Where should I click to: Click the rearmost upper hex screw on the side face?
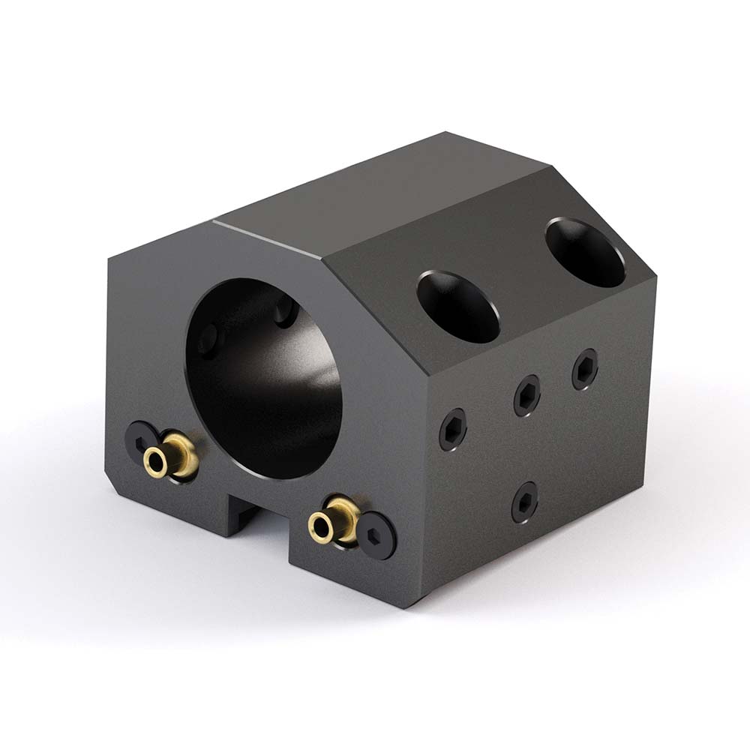coord(585,370)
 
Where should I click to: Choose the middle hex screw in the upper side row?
coord(527,395)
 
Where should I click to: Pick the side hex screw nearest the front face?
coord(453,429)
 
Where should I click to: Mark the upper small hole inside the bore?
coord(285,311)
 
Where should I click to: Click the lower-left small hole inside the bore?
coord(208,339)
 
